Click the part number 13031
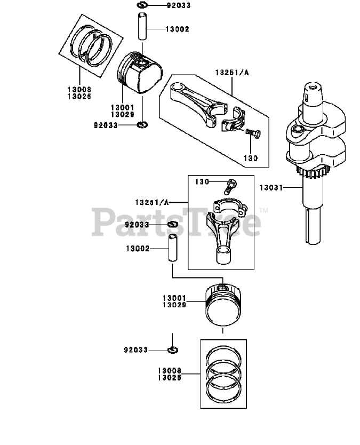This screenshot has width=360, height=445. pos(271,187)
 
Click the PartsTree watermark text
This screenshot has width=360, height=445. pos(176,222)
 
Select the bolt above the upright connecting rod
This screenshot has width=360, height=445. pos(230,186)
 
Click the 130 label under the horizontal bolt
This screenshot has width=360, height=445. pos(251,158)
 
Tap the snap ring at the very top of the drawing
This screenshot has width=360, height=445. pos(142,6)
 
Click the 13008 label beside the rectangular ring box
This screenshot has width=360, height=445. pos(169,370)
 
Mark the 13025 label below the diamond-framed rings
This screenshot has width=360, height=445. pos(79,97)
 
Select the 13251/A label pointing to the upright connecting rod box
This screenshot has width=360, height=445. pos(151,202)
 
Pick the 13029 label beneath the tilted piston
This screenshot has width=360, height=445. pos(122,115)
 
